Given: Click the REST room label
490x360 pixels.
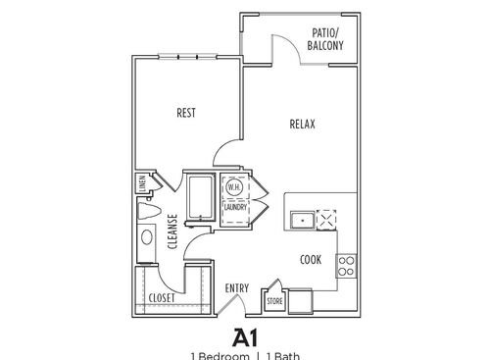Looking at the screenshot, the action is (x=186, y=113).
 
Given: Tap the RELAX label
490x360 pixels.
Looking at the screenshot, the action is (x=302, y=124).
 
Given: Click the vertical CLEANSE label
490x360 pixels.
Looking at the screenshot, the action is (x=172, y=232).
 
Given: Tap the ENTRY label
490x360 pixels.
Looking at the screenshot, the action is (x=237, y=288).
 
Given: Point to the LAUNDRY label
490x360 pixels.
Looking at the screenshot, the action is (x=235, y=207).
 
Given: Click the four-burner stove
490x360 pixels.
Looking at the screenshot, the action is (x=345, y=265).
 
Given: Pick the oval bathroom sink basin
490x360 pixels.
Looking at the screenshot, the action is (x=147, y=236).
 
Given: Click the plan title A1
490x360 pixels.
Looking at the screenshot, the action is (x=245, y=336).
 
